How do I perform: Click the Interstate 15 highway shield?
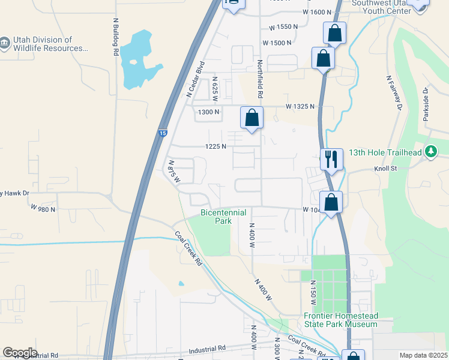tap(163, 133)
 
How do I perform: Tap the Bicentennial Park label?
tap(215, 217)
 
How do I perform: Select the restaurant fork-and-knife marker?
tap(331, 159)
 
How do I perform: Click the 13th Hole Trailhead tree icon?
tap(430, 152)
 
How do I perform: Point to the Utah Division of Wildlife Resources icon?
tap(5, 43)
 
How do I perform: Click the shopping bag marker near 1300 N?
tap(252, 118)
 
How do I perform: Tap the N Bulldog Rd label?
tap(115, 37)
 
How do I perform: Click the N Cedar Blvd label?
tap(196, 79)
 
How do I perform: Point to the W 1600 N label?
tap(318, 12)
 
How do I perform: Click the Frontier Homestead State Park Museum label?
tap(340, 320)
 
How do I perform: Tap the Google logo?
tap(20, 353)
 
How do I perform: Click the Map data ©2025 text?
tap(423, 355)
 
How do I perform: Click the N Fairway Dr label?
tap(394, 93)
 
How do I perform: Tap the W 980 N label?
tap(43, 209)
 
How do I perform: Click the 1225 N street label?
tap(215, 146)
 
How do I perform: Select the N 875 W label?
tap(174, 172)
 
